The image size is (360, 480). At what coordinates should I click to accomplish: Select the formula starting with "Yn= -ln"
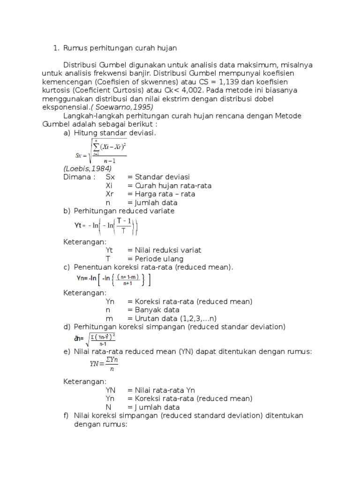point(113,280)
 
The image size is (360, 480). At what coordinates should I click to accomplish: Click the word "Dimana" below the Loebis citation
point(78,177)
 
